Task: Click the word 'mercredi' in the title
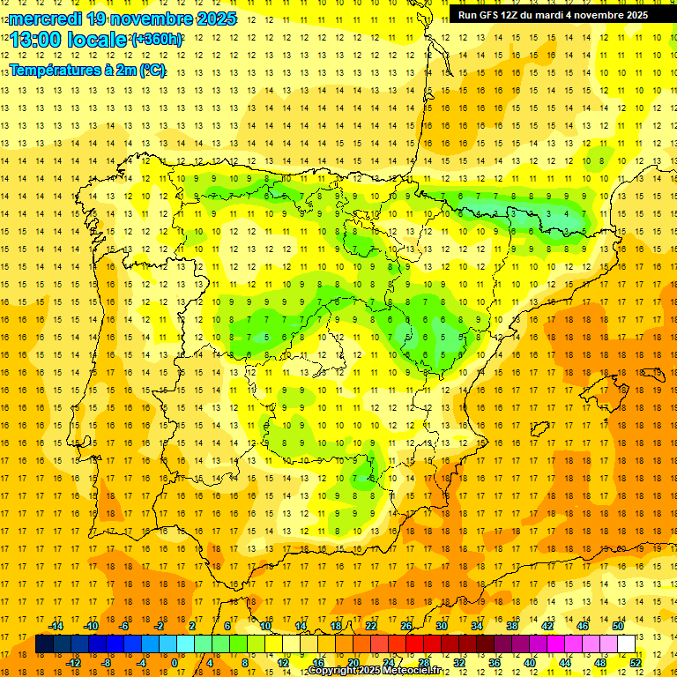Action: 45,18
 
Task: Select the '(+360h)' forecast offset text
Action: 157,40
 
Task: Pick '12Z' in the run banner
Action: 515,15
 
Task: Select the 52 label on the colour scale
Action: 636,662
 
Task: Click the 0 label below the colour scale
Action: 175,662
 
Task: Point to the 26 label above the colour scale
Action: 406,626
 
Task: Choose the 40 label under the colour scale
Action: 530,662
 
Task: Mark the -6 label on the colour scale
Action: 124,626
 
